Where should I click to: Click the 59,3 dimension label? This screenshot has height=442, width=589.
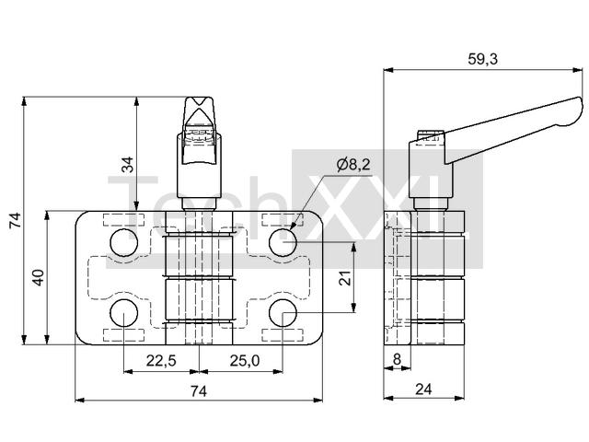pos(482,59)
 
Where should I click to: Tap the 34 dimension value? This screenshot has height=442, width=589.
pos(128,165)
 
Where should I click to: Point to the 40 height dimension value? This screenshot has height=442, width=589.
pos(39,277)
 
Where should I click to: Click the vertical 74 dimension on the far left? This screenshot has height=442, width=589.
pos(16,220)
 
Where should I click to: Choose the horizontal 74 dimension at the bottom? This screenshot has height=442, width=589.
pos(199,391)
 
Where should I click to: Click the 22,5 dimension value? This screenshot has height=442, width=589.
pos(161,361)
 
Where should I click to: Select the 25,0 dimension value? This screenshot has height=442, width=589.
pos(245,361)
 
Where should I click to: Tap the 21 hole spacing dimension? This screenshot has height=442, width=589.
pos(345,278)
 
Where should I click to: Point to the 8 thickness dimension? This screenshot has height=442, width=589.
pos(397,360)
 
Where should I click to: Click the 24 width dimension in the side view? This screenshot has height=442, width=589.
pos(423,390)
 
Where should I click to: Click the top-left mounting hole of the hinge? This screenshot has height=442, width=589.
pos(124,242)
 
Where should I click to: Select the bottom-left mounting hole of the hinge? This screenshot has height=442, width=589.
pos(124,313)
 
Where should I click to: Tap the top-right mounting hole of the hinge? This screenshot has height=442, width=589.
pos(283,242)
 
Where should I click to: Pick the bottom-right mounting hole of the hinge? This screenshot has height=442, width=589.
pos(283,313)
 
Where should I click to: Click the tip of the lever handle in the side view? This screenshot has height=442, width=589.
pos(581,103)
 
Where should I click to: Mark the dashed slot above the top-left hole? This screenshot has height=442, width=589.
pos(124,219)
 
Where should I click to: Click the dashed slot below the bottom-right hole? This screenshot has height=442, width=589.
pos(283,335)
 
